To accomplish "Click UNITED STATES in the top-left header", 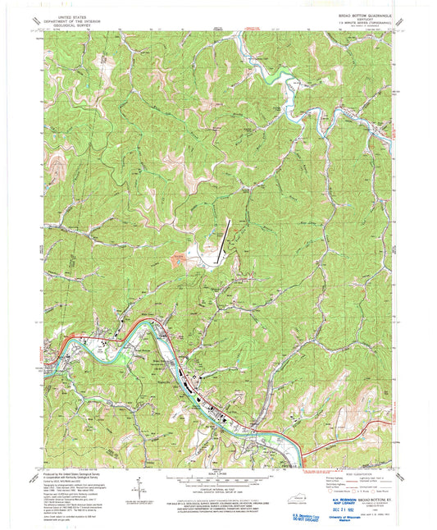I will [70, 15].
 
